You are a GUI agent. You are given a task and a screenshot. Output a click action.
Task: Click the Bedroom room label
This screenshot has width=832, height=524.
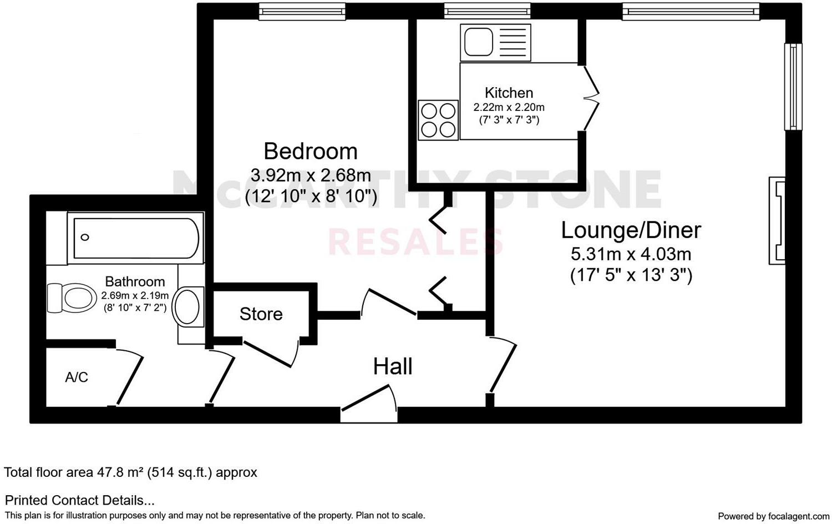point(311,151)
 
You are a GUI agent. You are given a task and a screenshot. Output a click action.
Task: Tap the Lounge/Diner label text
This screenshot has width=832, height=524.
point(631,230)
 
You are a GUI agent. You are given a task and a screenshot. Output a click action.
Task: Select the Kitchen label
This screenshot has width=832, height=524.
point(509,93)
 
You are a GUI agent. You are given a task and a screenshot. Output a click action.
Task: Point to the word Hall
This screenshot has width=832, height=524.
point(393,366)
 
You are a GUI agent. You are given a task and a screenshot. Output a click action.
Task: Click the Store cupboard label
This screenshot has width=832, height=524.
point(261,314)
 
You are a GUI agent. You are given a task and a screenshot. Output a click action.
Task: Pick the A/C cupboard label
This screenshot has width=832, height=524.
point(77,377)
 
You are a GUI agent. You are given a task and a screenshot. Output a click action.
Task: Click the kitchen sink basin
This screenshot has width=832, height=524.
point(478,42)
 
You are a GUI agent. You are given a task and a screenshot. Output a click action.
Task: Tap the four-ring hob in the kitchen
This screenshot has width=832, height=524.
point(438,120)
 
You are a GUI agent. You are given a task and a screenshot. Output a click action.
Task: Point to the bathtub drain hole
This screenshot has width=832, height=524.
point(85,238)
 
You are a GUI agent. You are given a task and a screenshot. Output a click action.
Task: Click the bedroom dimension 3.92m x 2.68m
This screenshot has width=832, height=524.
point(311,175)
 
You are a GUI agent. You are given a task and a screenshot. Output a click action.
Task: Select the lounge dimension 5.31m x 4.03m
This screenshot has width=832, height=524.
point(631,254)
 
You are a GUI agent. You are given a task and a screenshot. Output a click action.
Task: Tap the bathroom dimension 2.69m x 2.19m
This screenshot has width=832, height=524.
point(135,296)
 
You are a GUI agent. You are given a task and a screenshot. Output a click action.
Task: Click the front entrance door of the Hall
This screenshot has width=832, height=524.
point(369,402)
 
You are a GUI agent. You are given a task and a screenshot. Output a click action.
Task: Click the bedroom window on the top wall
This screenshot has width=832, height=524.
point(302,11)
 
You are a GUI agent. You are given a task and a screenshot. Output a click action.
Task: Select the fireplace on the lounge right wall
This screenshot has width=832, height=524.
point(777,220)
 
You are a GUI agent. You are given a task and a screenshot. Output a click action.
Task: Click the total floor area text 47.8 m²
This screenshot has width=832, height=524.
point(130,472)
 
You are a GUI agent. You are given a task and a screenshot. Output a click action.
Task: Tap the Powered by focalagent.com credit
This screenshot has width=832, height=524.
point(773,516)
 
